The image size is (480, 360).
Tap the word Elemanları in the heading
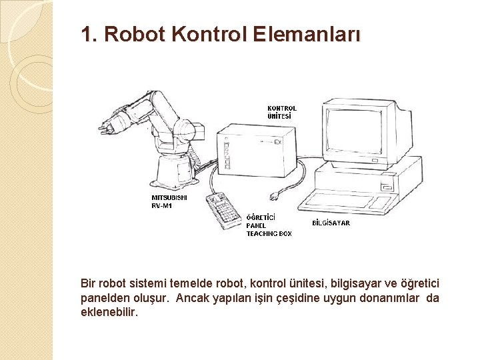click(306, 34)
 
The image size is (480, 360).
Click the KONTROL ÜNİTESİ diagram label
click(282, 111)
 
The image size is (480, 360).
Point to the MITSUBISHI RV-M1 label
click(169, 201)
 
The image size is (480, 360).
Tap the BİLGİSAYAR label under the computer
click(331, 223)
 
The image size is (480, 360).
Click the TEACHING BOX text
click(269, 234)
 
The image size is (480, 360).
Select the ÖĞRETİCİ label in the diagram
click(261, 217)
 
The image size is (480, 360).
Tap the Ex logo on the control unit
click(277, 142)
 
